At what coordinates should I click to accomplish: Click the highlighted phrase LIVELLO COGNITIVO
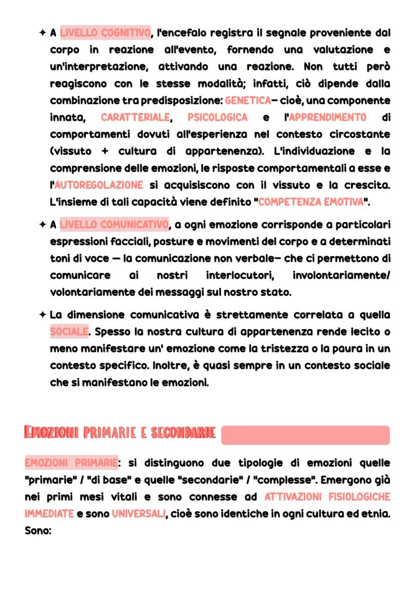(105, 33)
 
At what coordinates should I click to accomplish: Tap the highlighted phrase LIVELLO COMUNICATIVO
(114, 224)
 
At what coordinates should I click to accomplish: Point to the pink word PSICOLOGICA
(218, 117)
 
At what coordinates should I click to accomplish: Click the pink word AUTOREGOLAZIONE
(98, 185)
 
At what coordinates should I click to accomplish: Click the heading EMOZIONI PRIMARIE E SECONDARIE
(120, 433)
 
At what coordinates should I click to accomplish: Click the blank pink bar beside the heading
(305, 435)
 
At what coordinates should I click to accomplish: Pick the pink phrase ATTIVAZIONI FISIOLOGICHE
(327, 497)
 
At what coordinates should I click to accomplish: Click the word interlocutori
(236, 275)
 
